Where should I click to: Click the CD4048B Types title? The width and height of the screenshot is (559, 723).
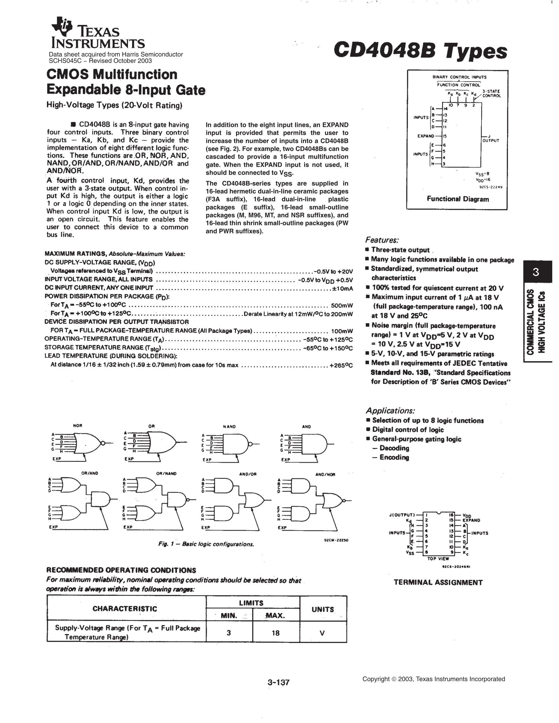420,51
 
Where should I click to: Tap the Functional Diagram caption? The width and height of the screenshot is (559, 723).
457,199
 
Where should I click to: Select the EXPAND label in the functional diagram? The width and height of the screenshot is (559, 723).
425,136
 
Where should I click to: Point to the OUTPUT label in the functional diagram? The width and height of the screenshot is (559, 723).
491,140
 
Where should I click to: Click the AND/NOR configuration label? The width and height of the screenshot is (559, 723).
325,474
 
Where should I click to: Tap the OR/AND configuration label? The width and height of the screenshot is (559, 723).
90,473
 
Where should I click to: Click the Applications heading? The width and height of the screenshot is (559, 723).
390,411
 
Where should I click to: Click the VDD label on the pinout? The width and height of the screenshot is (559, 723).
467,516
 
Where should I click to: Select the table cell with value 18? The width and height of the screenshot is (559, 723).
275,633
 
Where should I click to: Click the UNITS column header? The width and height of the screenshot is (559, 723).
323,609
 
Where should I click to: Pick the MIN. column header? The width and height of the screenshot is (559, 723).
229,616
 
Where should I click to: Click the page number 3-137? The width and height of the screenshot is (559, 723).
279,682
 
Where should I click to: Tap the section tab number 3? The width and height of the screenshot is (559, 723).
536,272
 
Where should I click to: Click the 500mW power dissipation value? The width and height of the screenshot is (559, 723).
342,305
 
